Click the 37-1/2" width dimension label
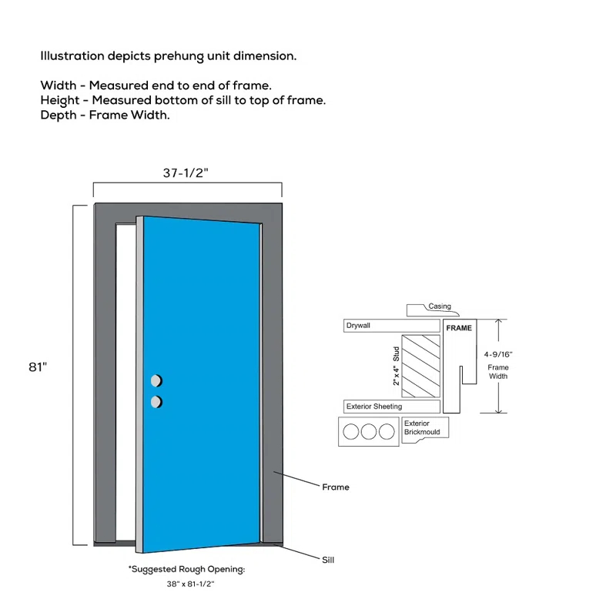pos(186,173)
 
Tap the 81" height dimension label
pos(38,367)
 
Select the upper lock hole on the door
pos(156,381)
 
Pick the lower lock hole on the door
pos(156,401)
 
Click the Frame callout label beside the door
pos(335,487)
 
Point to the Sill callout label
pos(328,560)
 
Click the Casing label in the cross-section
pos(440,306)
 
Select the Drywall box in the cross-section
pos(390,326)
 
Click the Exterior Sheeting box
pos(391,407)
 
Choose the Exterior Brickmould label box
pos(425,427)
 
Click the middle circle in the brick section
pos(369,432)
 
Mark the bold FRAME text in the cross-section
pos(459,328)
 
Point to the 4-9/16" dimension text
pos(498,354)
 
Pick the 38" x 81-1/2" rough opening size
pos(190,584)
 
